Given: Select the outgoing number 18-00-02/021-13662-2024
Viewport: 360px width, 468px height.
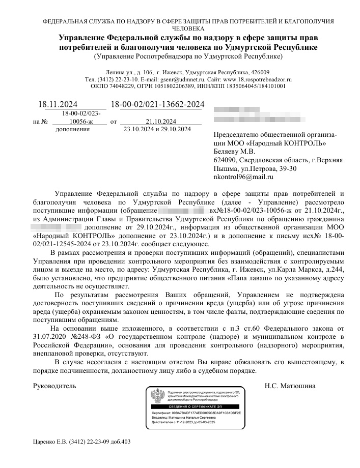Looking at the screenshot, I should tap(157, 105).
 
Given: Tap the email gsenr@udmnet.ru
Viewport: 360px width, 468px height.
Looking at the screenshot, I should tap(177, 79).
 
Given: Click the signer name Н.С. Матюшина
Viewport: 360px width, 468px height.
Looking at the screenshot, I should tap(290, 386).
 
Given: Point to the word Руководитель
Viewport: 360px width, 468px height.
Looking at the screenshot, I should tap(54, 386).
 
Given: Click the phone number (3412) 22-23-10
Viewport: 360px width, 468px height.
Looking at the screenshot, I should tap(118, 79).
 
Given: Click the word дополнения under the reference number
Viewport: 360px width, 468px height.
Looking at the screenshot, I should tap(72, 129).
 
